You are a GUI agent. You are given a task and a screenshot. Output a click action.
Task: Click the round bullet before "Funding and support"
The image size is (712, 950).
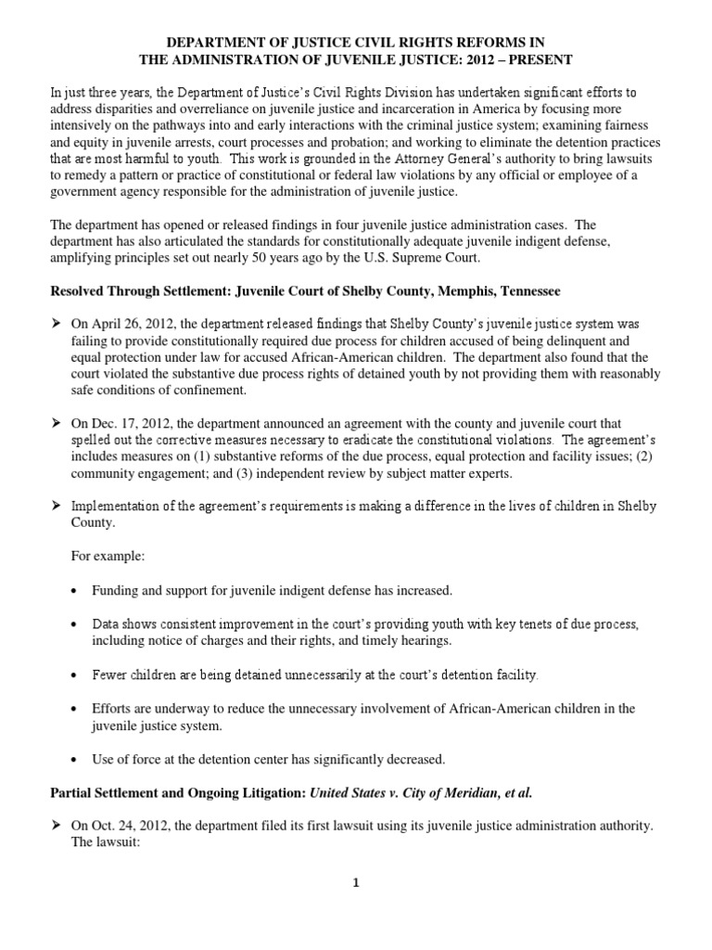[74, 591]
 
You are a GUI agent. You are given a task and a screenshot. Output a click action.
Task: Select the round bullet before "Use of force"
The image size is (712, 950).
[74, 759]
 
